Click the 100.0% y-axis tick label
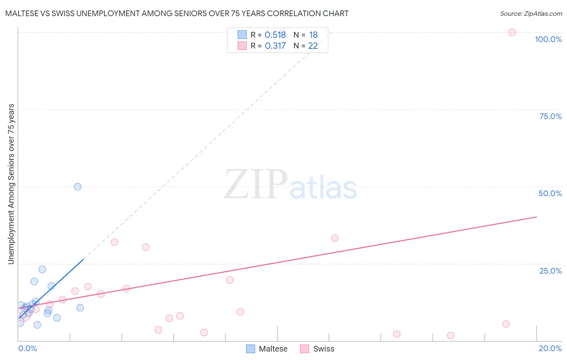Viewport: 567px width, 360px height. [548, 39]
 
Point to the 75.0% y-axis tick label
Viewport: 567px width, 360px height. [550, 116]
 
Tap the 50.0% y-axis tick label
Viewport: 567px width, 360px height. [550, 193]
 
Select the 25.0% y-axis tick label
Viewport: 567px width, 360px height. [550, 271]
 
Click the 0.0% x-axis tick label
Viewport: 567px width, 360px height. [27, 348]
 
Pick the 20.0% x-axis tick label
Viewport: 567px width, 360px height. [550, 348]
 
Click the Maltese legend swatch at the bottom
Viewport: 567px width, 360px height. [250, 349]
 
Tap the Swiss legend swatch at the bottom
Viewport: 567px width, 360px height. [304, 349]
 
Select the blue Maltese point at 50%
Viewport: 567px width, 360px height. [77, 186]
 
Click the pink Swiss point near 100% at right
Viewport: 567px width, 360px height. [512, 32]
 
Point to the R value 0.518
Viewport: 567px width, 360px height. [275, 35]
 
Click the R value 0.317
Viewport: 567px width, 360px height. [275, 46]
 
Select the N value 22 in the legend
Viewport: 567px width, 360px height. [313, 46]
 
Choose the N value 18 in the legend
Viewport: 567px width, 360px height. [313, 35]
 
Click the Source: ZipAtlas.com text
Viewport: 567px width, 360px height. [531, 13]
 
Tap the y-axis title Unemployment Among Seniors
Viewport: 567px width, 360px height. [11, 184]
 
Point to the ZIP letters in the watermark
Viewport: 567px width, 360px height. [255, 184]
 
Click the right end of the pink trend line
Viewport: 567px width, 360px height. [536, 217]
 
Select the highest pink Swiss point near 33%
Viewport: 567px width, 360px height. [334, 238]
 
